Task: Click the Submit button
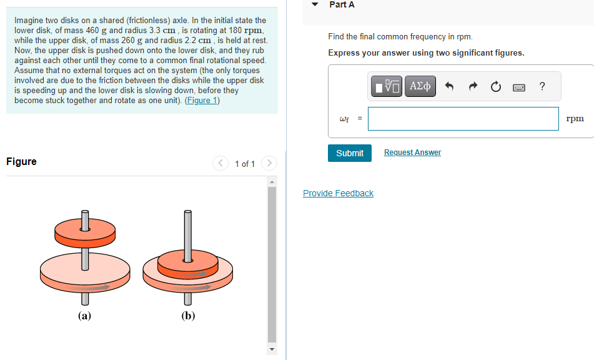click(349, 153)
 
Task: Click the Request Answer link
click(412, 152)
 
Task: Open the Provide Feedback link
click(338, 193)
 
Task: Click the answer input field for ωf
click(463, 119)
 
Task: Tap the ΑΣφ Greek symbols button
click(420, 86)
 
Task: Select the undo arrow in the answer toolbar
click(449, 87)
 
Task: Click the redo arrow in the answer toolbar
click(472, 87)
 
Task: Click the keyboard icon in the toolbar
click(518, 87)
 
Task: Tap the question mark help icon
click(542, 87)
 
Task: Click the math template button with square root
click(387, 86)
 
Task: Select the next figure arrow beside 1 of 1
click(269, 164)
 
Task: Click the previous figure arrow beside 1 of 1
click(221, 164)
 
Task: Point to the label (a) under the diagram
click(84, 316)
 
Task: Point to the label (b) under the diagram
click(188, 316)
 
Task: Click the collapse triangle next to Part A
click(315, 5)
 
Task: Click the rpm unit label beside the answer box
click(575, 119)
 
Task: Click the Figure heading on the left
click(21, 162)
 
